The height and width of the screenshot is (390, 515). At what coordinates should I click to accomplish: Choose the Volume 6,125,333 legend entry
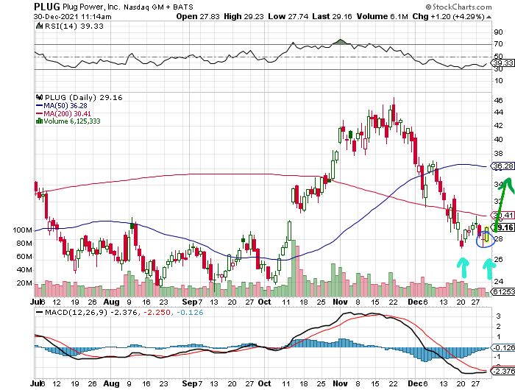click(74, 121)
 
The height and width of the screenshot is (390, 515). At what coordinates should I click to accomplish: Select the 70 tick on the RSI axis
click(497, 44)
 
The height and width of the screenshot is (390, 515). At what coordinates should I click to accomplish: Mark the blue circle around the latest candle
click(484, 237)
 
